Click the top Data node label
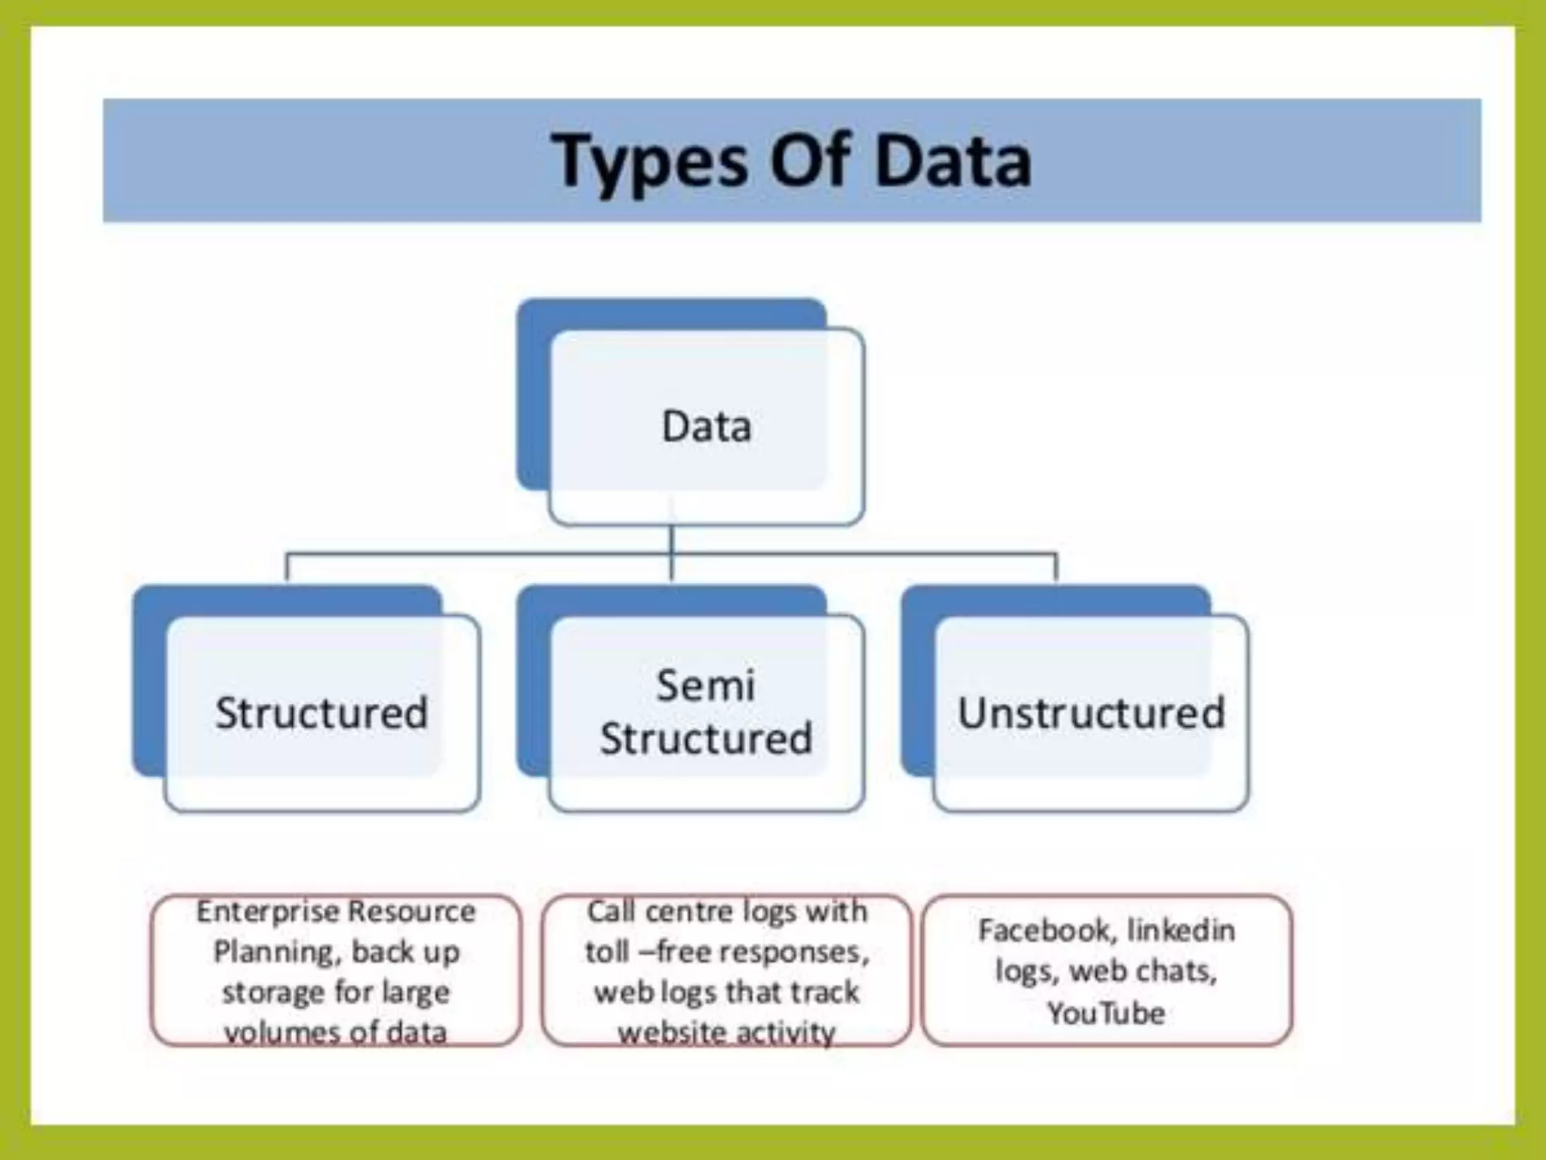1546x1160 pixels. pyautogui.click(x=707, y=426)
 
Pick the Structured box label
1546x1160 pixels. pyautogui.click(x=322, y=712)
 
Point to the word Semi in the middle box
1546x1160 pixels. pyautogui.click(x=705, y=686)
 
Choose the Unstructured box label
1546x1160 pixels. pyautogui.click(x=1091, y=712)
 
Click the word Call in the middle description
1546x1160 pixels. pyautogui.click(x=611, y=912)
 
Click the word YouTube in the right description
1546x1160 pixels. pyautogui.click(x=1106, y=1013)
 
